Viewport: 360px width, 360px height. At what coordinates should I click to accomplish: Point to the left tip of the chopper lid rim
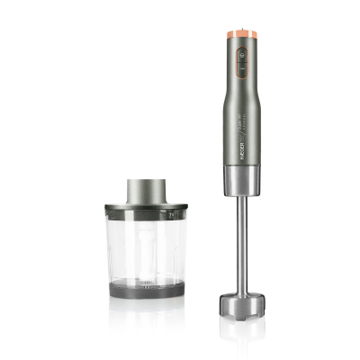pyautogui.click(x=106, y=210)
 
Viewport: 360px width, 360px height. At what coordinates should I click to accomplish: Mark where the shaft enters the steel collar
pyautogui.click(x=242, y=199)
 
